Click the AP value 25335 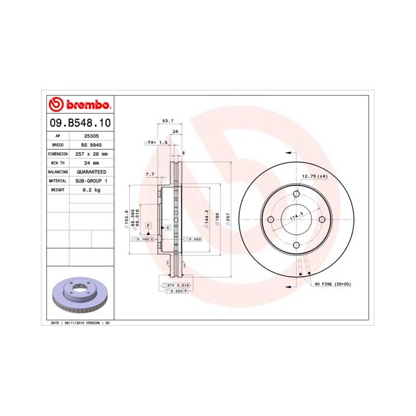click(91, 135)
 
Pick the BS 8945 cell click(91, 144)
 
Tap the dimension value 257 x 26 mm click(91, 153)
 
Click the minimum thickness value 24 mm click(91, 162)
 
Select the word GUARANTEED click(91, 171)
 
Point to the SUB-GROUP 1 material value click(91, 180)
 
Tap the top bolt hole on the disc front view click(296, 194)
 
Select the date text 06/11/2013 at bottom click(77, 323)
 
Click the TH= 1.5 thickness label click(157, 143)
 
